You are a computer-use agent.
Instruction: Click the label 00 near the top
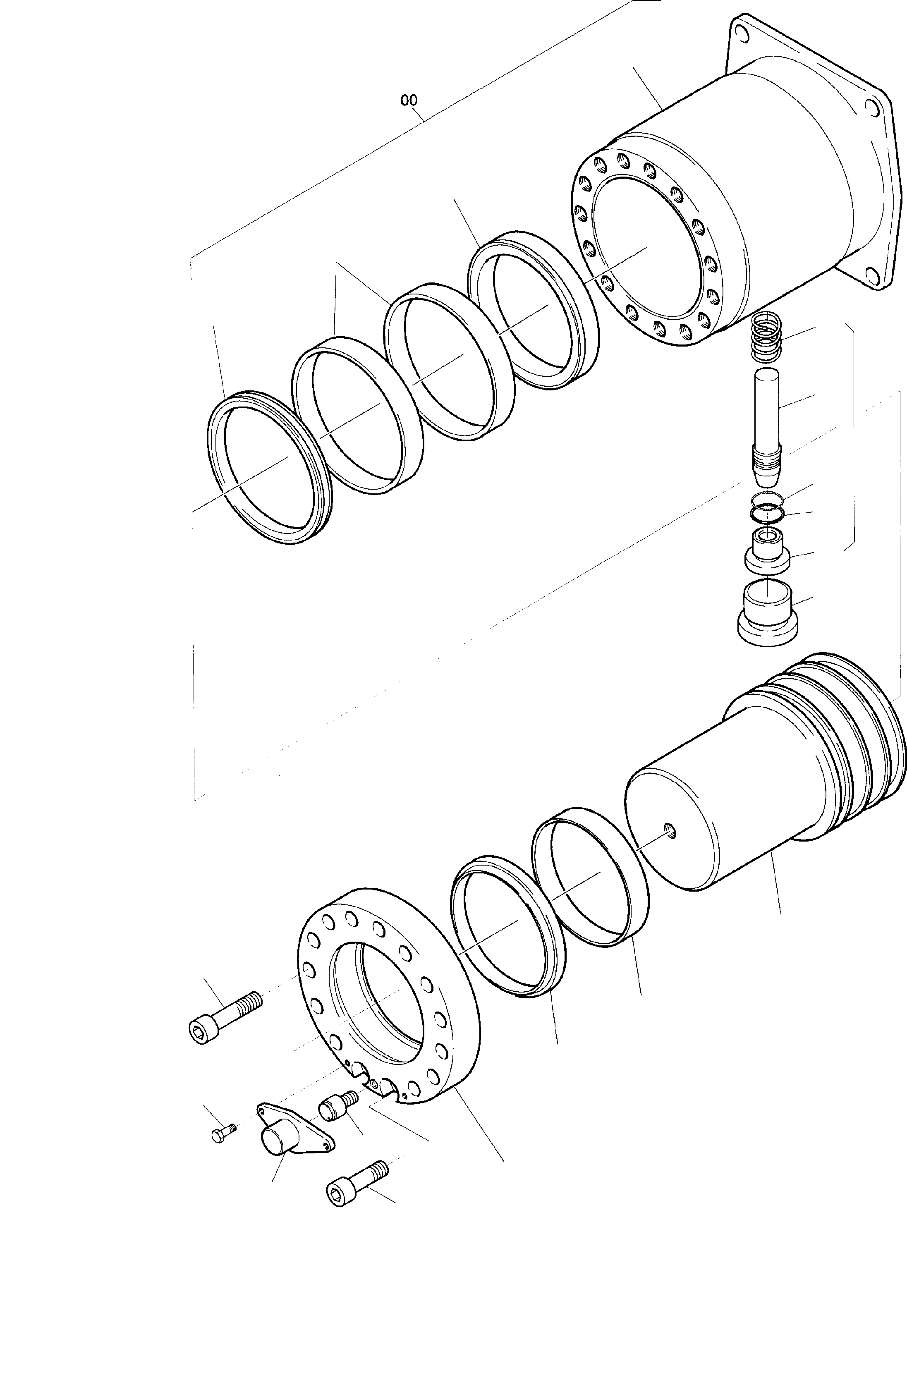tap(409, 100)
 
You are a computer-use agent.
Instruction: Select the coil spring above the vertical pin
tap(765, 338)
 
